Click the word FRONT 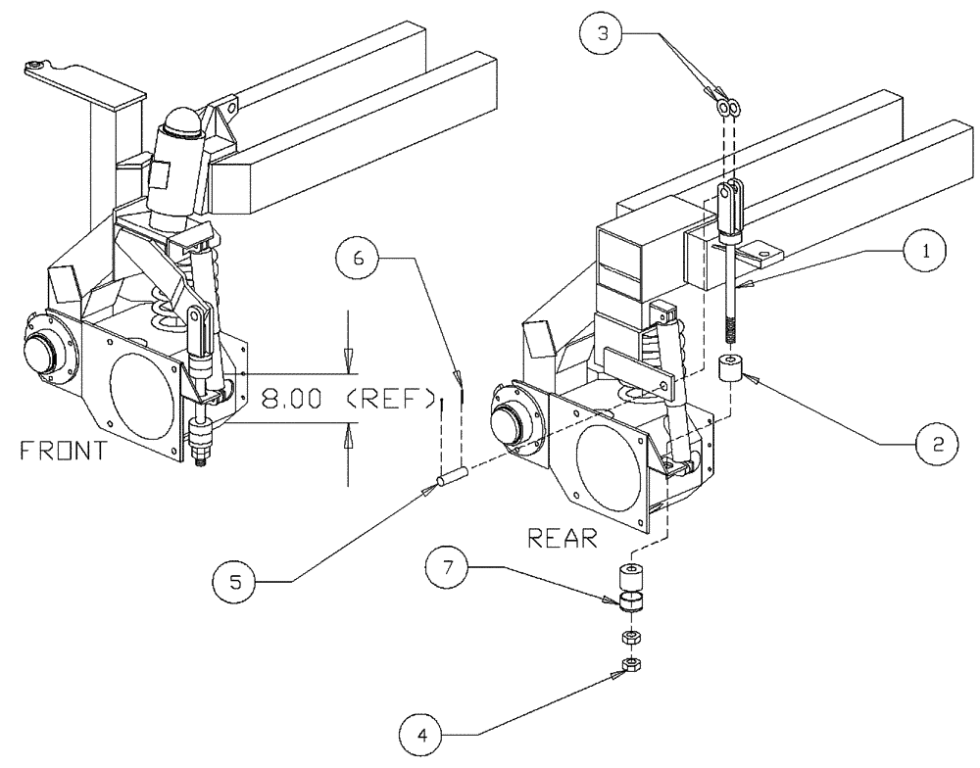[x=63, y=452]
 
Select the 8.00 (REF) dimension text [x=348, y=399]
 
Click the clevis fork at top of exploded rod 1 [x=730, y=203]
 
